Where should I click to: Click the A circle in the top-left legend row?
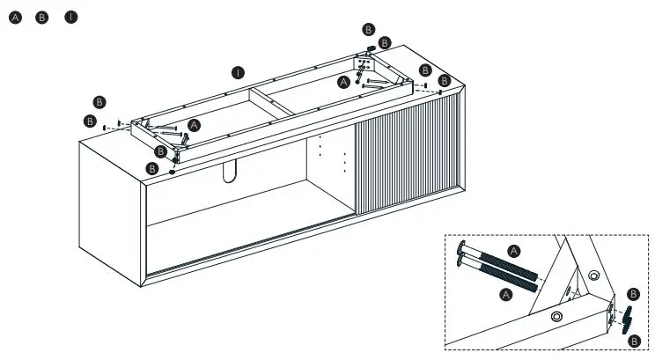[x=13, y=18]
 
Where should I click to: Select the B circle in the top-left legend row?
[x=41, y=18]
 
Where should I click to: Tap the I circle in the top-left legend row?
[x=70, y=18]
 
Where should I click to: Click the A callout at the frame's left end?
[x=194, y=126]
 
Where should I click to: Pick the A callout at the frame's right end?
[x=344, y=82]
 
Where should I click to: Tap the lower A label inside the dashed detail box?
[x=505, y=295]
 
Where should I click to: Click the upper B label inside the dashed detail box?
[x=632, y=294]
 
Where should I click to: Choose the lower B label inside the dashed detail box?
[x=636, y=341]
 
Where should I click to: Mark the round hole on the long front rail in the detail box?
[x=556, y=315]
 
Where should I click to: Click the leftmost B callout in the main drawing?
[x=89, y=121]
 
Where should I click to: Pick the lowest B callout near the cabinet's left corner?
[x=152, y=167]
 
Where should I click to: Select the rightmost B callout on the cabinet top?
[x=445, y=81]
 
